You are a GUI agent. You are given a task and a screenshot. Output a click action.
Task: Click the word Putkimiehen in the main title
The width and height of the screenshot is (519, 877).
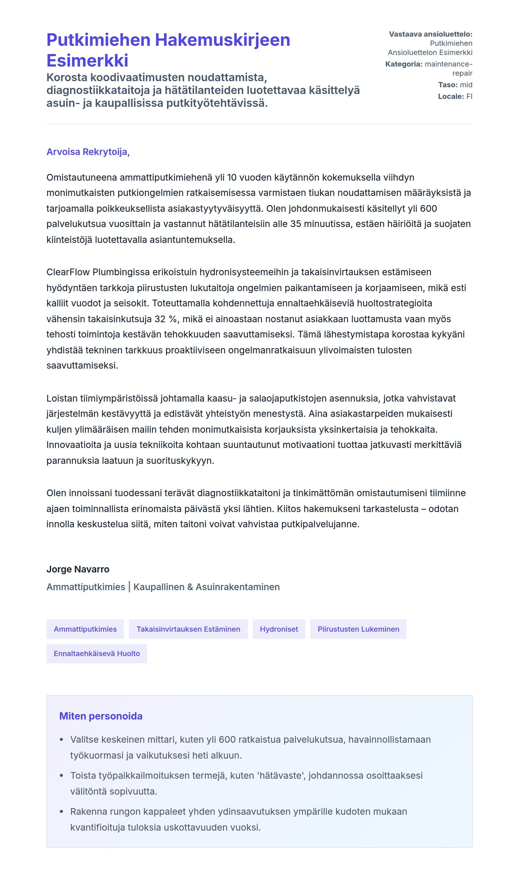(98, 40)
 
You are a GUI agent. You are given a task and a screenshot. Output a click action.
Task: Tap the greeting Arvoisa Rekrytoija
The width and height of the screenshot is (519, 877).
(88, 152)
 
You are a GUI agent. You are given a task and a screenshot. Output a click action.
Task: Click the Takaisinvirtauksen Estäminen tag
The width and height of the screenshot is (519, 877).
(188, 629)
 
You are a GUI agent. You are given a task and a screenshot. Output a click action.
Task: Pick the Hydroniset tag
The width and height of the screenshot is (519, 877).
(279, 629)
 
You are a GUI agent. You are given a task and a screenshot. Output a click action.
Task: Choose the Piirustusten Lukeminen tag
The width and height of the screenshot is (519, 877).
(358, 629)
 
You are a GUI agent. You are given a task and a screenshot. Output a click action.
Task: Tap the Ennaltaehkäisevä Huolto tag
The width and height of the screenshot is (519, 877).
(96, 653)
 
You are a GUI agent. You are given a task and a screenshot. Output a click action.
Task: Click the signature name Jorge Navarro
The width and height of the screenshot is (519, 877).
(78, 569)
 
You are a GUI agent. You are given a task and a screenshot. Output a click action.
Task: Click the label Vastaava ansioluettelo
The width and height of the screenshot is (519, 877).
(430, 34)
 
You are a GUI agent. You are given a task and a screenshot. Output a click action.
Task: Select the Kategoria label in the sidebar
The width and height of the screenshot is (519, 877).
(404, 64)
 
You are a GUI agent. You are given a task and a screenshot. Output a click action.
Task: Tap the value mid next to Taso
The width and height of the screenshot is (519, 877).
(466, 85)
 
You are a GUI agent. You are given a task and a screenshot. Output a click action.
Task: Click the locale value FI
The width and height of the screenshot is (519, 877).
(469, 96)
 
